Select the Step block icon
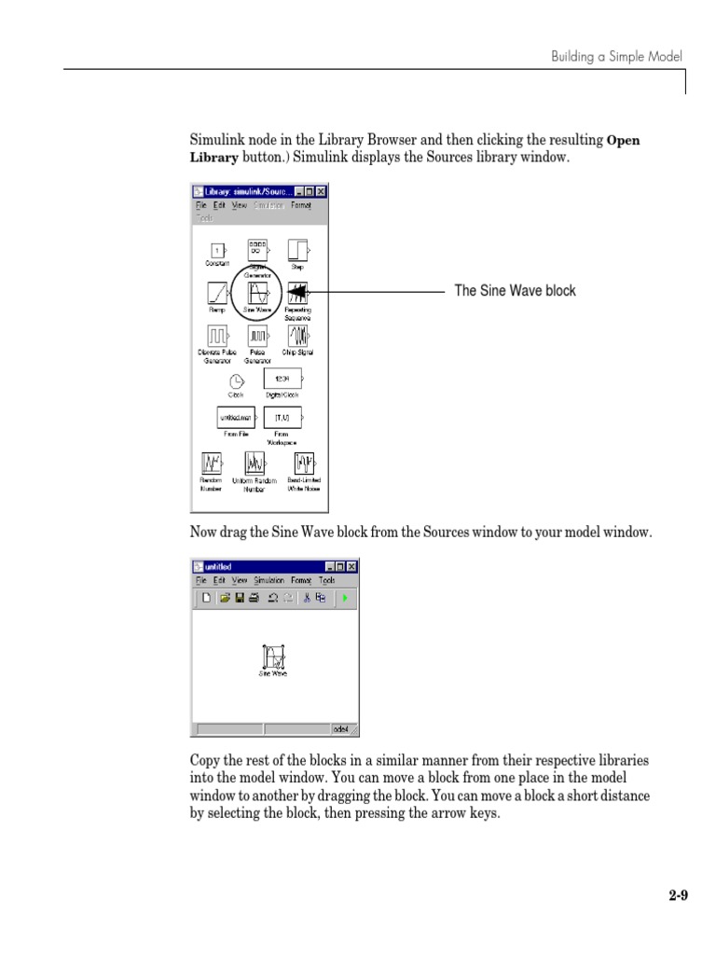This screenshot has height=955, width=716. point(297,250)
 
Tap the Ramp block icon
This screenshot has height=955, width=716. point(216,293)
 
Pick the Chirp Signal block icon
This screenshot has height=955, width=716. point(298,335)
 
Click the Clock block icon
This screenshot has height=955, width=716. point(236,380)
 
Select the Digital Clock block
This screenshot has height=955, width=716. point(282,379)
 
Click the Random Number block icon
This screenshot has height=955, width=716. point(212,464)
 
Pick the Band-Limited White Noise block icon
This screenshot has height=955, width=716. point(303,464)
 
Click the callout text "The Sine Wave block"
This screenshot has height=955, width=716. point(515,291)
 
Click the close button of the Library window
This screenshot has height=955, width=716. point(322,191)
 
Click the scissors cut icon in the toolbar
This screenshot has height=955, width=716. point(306,598)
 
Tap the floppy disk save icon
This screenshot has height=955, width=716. point(240,598)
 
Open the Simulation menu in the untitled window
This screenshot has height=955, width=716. point(268,580)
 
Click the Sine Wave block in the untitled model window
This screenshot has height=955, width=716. point(273,657)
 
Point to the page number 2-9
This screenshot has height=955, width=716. point(678,897)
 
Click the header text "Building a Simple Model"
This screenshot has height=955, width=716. point(616,57)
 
